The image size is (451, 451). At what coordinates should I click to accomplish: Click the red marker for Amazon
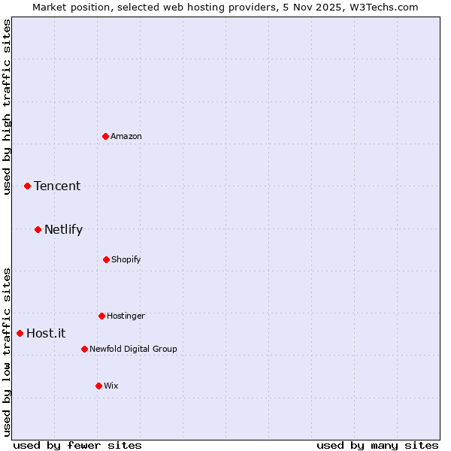pyautogui.click(x=106, y=136)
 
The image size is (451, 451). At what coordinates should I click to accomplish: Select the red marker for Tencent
pyautogui.click(x=28, y=186)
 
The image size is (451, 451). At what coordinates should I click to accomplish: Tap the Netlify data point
pyautogui.click(x=38, y=229)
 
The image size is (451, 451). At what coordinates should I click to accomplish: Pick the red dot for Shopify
pyautogui.click(x=106, y=259)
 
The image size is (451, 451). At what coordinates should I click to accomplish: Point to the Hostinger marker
pyautogui.click(x=101, y=316)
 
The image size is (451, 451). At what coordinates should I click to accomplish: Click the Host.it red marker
pyautogui.click(x=20, y=333)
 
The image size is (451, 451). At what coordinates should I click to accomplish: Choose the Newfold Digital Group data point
pyautogui.click(x=84, y=349)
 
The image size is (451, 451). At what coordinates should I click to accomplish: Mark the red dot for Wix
pyautogui.click(x=98, y=386)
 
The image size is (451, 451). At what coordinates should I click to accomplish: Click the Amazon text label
pyautogui.click(x=126, y=136)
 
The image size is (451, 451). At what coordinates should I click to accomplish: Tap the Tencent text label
pyautogui.click(x=57, y=186)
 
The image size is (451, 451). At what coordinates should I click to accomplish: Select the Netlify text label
pyautogui.click(x=63, y=229)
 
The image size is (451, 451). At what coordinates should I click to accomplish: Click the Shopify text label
pyautogui.click(x=126, y=259)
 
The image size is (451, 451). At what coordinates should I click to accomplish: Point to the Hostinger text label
pyautogui.click(x=126, y=316)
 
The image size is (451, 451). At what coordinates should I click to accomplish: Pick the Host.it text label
pyautogui.click(x=46, y=333)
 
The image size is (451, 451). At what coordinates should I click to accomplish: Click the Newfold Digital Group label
pyautogui.click(x=133, y=349)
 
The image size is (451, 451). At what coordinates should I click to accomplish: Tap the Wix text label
pyautogui.click(x=111, y=386)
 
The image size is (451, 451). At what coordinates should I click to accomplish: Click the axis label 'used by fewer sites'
pyautogui.click(x=77, y=445)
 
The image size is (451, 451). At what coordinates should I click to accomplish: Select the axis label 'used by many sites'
pyautogui.click(x=377, y=445)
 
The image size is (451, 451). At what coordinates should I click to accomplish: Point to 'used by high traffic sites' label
pyautogui.click(x=7, y=107)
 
